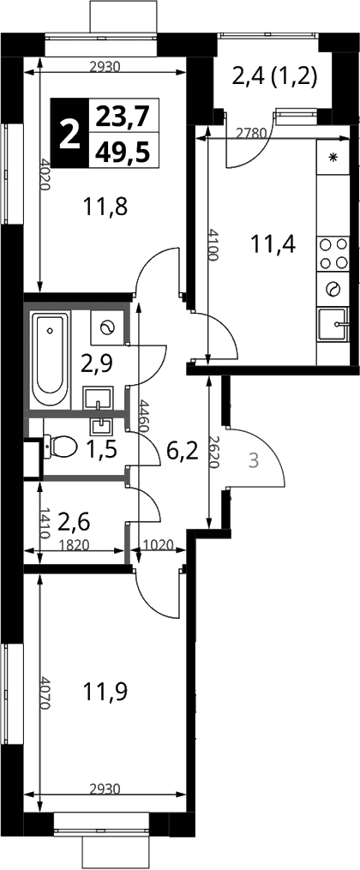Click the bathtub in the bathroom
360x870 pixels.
[51, 361]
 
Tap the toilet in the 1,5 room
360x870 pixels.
[60, 446]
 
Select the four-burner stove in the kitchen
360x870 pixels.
[333, 253]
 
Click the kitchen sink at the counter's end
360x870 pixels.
[333, 325]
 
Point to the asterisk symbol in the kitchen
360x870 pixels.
[333, 157]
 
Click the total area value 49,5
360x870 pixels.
[123, 150]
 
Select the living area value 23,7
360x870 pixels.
[123, 116]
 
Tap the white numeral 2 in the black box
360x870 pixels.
[69, 133]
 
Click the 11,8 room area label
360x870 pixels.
[105, 207]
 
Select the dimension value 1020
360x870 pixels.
[157, 545]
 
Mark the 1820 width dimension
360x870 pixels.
[74, 545]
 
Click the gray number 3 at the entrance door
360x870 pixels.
[253, 461]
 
